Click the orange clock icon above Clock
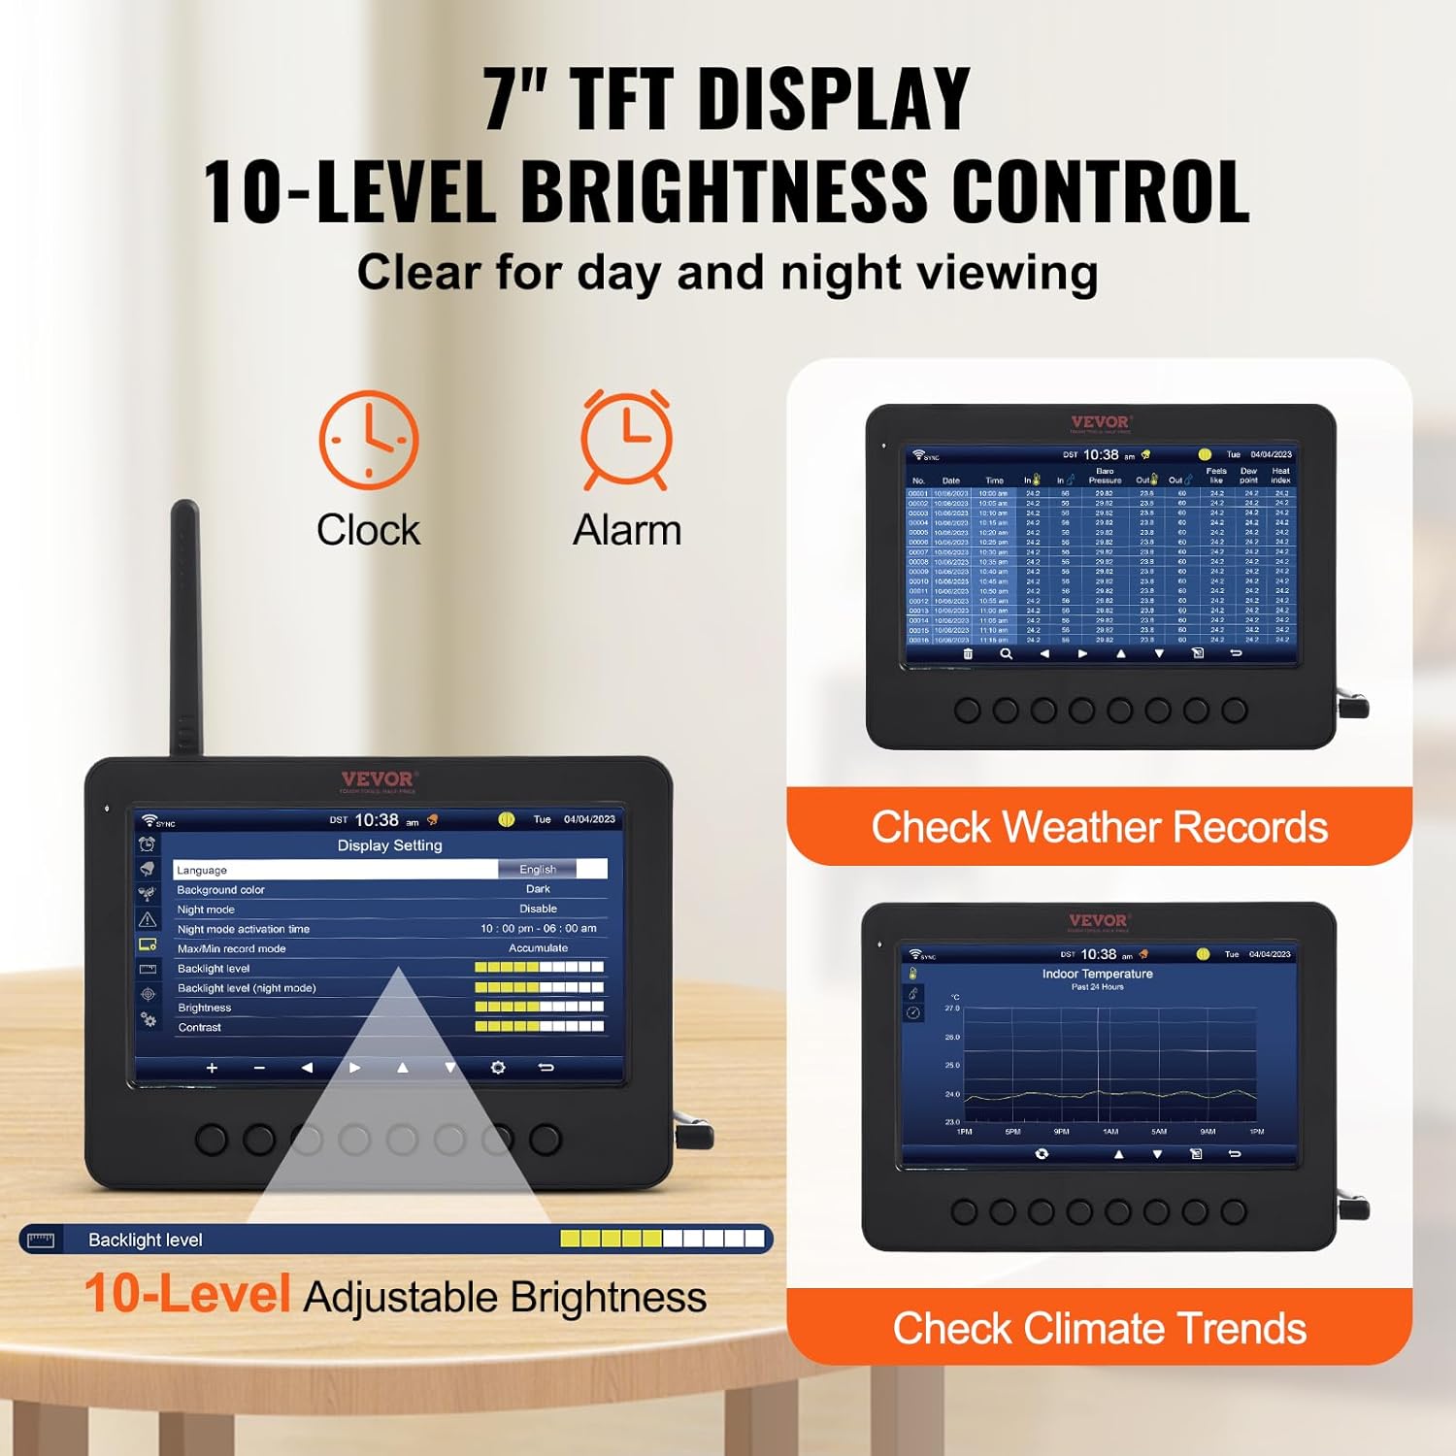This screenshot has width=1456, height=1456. coord(369,440)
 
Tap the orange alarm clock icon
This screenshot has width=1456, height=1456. coord(626,439)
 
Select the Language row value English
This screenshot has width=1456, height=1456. coord(538,870)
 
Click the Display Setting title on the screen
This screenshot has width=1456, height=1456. coord(389,845)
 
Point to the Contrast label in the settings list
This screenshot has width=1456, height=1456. coord(200,1027)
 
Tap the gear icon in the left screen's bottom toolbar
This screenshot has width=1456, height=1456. coord(498,1068)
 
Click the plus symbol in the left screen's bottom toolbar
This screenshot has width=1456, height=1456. coord(212,1068)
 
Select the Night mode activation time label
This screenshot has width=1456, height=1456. coord(244,929)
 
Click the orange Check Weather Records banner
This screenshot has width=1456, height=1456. coord(1099,827)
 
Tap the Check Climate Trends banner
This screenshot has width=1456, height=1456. coord(1099,1328)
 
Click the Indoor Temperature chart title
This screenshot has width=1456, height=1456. coord(1098,974)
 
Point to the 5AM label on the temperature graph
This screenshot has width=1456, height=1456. coord(1159,1132)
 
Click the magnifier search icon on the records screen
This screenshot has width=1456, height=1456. coord(1006,654)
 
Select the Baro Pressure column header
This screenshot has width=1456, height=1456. coord(1105,476)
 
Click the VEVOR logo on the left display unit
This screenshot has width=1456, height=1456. coord(379,779)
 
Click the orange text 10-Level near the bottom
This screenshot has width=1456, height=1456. coord(187,1294)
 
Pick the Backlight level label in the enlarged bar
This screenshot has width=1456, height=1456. coord(146,1240)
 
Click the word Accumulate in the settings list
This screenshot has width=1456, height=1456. coord(538,948)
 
